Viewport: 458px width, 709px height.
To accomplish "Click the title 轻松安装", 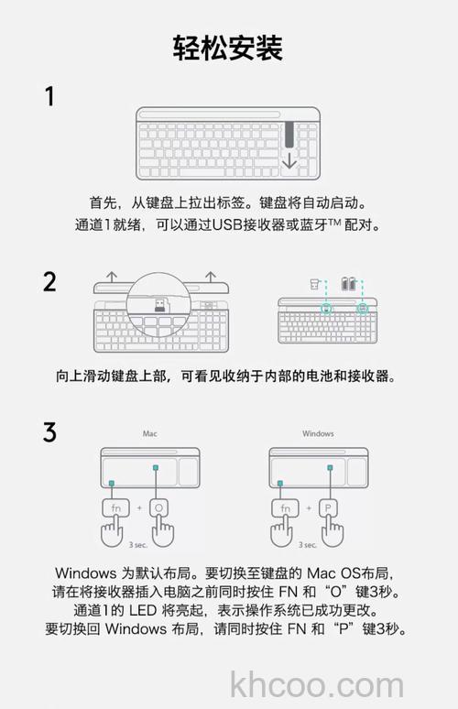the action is pos(228,48).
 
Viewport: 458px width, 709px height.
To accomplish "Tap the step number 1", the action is pos(49,97).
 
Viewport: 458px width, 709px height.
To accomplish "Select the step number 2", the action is pos(49,282).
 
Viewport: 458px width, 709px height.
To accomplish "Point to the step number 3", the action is pos(49,431).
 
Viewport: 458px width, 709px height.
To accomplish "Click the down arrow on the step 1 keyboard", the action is pos(289,160).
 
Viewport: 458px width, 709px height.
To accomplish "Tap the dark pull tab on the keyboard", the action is pos(289,135).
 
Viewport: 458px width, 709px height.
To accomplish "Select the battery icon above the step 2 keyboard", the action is pos(348,284).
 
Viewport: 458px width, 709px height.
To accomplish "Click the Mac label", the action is pos(149,433).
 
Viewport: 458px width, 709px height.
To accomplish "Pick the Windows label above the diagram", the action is pos(318,433).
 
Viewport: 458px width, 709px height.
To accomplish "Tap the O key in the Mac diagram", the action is pos(158,508).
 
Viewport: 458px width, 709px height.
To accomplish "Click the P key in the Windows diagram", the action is pos(328,507).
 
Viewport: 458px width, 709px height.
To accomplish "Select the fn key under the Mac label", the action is pos(115,508).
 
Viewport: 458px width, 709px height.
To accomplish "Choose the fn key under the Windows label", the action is pos(285,507).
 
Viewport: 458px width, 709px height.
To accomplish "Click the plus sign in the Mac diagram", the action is pos(139,508).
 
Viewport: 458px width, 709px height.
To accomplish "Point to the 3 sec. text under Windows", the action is pos(308,545).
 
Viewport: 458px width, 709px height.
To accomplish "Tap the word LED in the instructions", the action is pos(143,610).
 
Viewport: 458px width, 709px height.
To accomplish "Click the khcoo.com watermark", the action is pos(317,684).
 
